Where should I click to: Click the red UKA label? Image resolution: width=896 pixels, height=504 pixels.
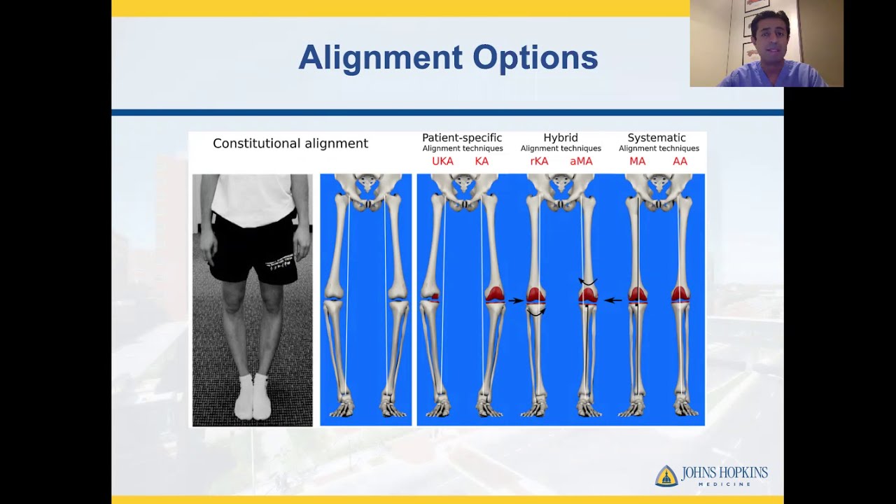pyautogui.click(x=442, y=162)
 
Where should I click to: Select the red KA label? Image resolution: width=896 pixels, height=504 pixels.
pyautogui.click(x=482, y=162)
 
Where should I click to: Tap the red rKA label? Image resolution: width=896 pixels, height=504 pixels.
pyautogui.click(x=539, y=162)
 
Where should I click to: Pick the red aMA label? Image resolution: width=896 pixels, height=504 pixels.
pyautogui.click(x=581, y=162)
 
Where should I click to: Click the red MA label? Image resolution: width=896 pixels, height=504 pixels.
pyautogui.click(x=637, y=162)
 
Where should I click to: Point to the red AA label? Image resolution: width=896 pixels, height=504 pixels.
pyautogui.click(x=680, y=162)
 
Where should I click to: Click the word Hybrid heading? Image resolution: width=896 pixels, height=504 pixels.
pyautogui.click(x=561, y=138)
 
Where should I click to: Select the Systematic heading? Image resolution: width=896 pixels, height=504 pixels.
pyautogui.click(x=657, y=138)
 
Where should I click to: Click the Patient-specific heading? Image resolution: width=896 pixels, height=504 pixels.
pyautogui.click(x=462, y=138)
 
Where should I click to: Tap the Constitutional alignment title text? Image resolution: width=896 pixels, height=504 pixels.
pyautogui.click(x=290, y=143)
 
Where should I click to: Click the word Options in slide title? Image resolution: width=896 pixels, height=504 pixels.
pyautogui.click(x=535, y=57)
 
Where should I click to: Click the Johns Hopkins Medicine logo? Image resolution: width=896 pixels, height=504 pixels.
pyautogui.click(x=711, y=475)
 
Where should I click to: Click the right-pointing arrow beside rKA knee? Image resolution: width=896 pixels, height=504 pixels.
pyautogui.click(x=515, y=301)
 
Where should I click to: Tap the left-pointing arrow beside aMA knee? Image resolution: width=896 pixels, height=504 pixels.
pyautogui.click(x=613, y=300)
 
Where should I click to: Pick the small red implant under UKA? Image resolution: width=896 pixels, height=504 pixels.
pyautogui.click(x=435, y=297)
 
